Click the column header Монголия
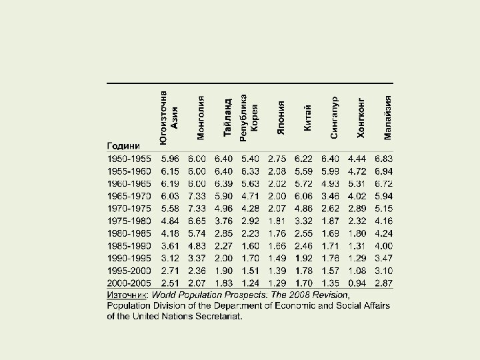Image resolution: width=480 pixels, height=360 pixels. [201, 118]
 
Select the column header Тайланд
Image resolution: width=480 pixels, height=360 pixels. [227, 119]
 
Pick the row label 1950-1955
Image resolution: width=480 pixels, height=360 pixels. [129, 159]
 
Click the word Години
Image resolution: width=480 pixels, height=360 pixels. [123, 145]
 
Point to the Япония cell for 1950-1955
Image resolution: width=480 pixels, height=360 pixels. [277, 159]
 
